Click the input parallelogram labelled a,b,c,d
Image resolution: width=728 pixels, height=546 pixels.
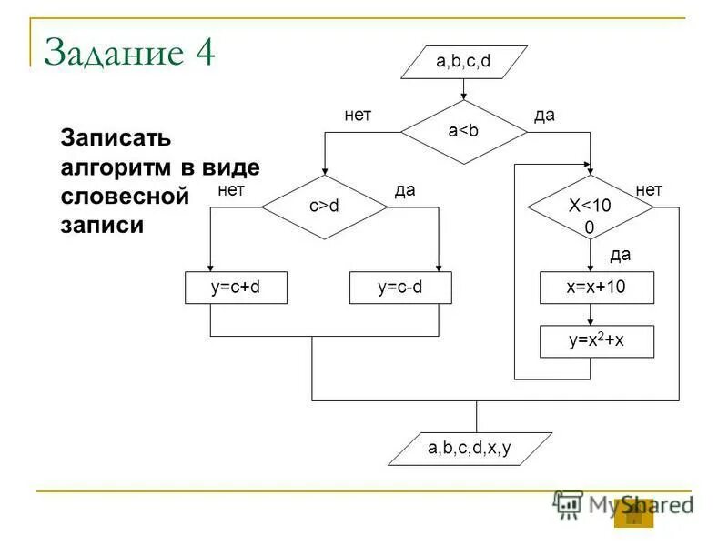[463, 62]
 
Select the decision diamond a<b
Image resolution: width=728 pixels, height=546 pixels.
[463, 132]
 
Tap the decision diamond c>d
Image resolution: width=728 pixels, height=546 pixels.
[324, 207]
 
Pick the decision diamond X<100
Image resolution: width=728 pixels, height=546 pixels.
[591, 207]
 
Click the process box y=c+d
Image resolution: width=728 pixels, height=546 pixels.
[236, 288]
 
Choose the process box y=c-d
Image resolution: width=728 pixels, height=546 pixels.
[401, 288]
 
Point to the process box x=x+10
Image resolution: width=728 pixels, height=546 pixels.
[596, 288]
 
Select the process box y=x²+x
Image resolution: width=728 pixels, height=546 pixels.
[596, 341]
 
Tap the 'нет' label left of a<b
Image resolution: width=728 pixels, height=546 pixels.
[358, 116]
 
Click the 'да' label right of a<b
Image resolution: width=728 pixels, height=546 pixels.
[544, 116]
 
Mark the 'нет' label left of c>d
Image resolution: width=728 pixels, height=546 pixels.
[231, 189]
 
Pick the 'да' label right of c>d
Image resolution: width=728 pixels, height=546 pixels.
[405, 189]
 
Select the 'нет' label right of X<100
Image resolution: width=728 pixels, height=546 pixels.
[649, 189]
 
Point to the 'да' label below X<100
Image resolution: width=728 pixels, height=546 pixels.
[620, 254]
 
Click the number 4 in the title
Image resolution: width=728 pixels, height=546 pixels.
[202, 53]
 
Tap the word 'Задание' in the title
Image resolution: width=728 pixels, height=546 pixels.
[112, 53]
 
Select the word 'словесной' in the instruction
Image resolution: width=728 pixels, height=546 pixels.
[124, 196]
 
